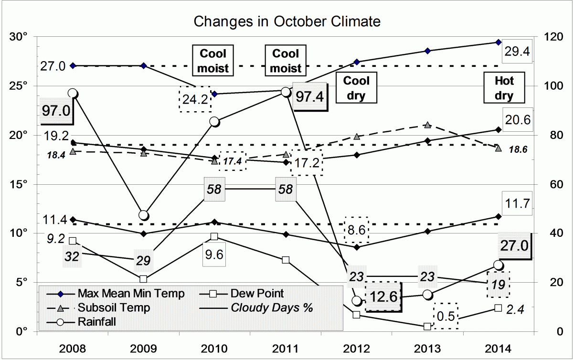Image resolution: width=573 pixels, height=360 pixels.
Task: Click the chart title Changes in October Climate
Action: click(x=286, y=21)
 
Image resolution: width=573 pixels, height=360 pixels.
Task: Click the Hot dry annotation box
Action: click(x=504, y=88)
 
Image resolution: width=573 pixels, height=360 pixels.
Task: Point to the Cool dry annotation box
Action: click(x=356, y=88)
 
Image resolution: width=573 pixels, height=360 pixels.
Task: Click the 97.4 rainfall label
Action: click(x=309, y=97)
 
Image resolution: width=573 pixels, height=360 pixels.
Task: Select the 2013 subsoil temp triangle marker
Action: click(x=428, y=125)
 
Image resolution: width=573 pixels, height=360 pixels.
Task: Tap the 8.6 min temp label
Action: click(x=357, y=230)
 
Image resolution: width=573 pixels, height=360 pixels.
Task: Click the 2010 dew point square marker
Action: click(x=214, y=237)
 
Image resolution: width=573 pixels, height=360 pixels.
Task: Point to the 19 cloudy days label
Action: click(x=498, y=284)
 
